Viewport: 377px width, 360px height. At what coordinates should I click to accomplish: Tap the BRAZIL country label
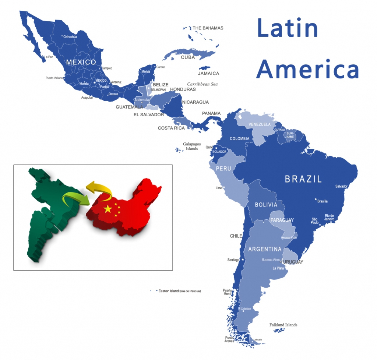click(303, 179)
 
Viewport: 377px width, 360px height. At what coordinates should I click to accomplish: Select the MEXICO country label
click(81, 62)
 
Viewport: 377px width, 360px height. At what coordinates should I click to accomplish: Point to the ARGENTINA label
click(265, 249)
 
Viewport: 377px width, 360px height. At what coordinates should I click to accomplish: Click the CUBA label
click(188, 57)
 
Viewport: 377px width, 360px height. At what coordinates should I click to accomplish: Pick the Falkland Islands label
click(283, 325)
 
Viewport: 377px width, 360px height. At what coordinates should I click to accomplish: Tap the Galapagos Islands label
click(191, 146)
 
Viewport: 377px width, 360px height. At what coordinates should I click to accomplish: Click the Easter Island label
click(179, 291)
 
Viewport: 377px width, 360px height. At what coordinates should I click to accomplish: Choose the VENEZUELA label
click(260, 124)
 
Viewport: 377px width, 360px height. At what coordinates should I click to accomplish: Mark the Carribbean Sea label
click(202, 84)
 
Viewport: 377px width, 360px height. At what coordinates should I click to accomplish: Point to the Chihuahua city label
click(70, 37)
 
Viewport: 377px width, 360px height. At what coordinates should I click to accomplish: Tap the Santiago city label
click(233, 260)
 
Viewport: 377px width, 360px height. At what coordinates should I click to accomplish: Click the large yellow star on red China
click(108, 209)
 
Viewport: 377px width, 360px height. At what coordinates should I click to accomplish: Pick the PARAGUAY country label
click(282, 220)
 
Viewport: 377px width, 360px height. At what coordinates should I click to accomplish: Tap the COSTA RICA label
click(171, 128)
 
